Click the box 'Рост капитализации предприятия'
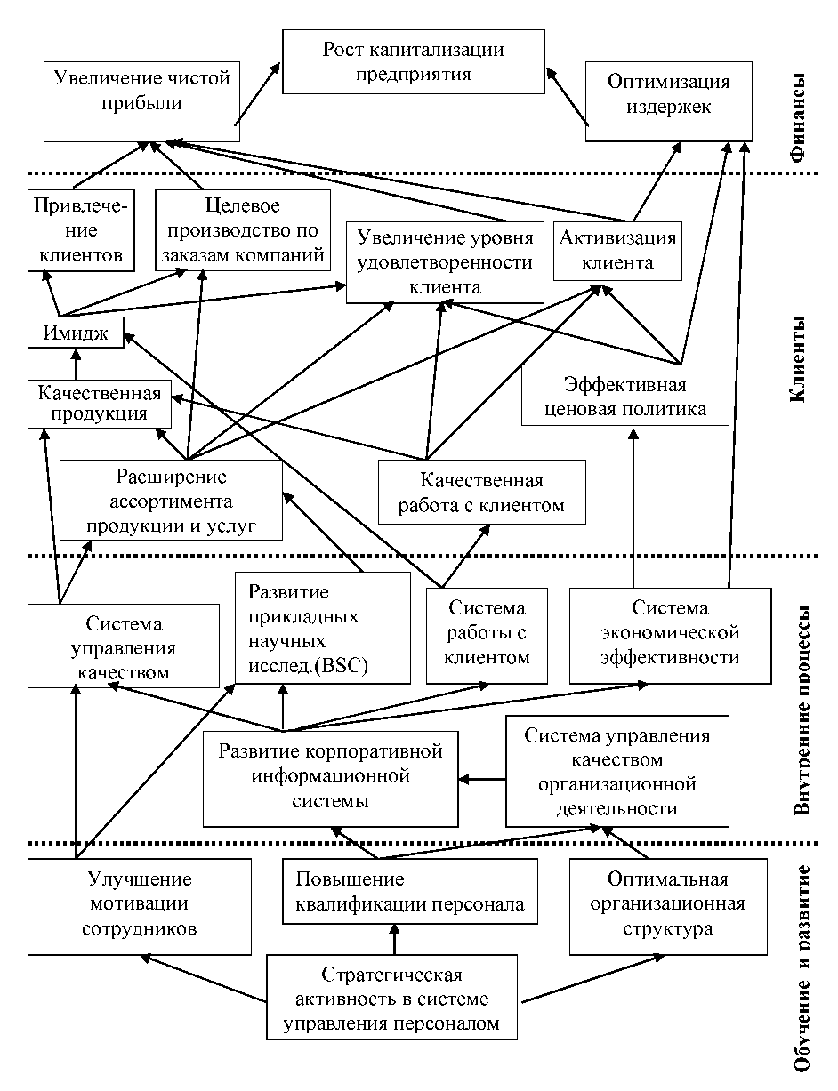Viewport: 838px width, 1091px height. coord(413,61)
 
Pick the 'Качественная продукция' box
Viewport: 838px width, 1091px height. coord(99,404)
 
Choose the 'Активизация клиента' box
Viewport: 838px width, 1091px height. coord(617,250)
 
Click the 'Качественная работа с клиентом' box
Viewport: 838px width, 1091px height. coord(481,493)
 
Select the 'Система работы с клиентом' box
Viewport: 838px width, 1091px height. coord(487,633)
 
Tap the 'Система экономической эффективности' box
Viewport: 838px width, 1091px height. coord(669,633)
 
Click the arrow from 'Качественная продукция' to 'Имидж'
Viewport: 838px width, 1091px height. coord(76,365)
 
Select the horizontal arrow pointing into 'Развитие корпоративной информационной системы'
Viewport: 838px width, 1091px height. coord(482,780)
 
